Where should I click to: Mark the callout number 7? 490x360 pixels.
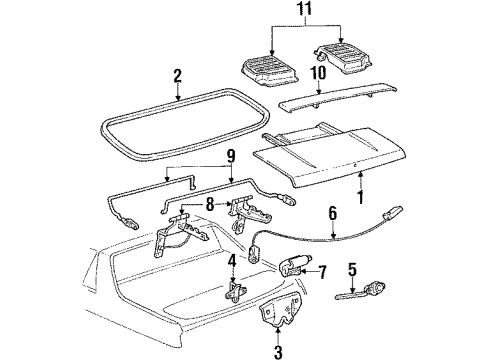(322, 271)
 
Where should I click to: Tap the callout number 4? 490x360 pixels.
(231, 264)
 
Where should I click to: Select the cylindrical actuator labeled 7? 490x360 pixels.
(294, 267)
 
